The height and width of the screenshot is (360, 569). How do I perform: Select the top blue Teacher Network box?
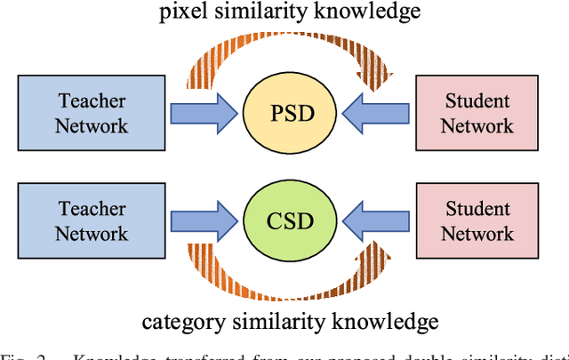pos(92,113)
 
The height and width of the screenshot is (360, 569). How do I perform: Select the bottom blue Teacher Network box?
pos(92,221)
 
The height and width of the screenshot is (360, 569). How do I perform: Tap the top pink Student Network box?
pos(477,113)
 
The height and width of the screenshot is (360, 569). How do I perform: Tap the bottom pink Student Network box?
pos(477,221)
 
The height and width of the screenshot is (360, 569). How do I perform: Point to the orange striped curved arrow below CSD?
pos(284,282)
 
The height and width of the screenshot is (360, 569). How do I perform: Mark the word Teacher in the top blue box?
pos(92,101)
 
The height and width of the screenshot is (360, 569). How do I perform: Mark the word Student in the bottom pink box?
pos(477,210)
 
